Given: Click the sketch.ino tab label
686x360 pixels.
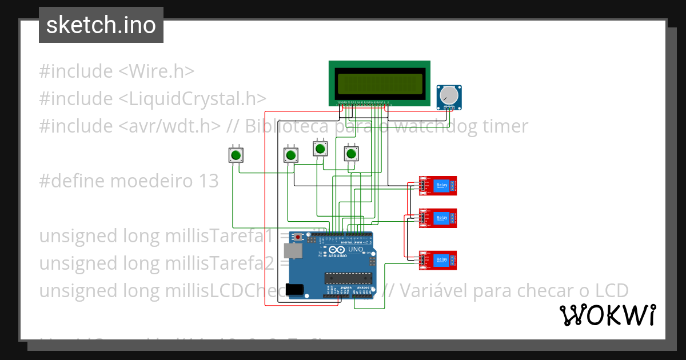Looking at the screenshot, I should (x=101, y=25).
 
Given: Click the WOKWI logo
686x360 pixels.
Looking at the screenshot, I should (x=607, y=315).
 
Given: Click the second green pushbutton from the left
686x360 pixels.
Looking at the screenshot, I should (x=291, y=155).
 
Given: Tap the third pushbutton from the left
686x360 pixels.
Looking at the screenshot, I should (x=320, y=149).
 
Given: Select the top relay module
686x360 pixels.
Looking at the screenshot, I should (x=438, y=185).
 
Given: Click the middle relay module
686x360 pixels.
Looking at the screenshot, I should (x=438, y=218).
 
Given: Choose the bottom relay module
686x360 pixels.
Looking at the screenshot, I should (x=438, y=260).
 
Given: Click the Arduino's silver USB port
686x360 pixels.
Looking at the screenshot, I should (x=292, y=250).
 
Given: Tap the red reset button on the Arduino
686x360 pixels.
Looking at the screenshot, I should (x=298, y=236).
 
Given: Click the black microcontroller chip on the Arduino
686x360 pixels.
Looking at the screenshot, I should (x=348, y=278).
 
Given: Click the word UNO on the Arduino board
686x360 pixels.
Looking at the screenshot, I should (x=356, y=250).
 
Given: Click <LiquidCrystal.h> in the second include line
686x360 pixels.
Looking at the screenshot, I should (x=193, y=99).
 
